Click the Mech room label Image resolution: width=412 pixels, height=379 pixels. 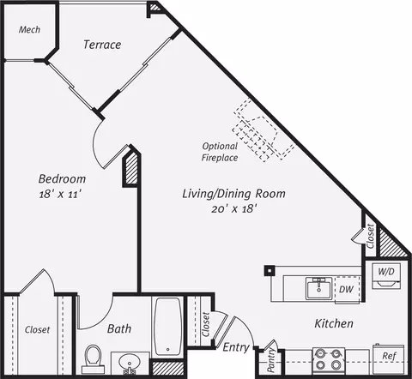(29, 29)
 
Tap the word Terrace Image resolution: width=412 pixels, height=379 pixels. (102, 45)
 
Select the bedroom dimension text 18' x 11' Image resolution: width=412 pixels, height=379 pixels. (61, 195)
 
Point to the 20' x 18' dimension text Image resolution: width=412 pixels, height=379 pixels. (233, 209)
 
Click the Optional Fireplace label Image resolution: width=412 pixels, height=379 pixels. (220, 152)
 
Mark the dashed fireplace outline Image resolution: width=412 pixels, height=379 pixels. (264, 130)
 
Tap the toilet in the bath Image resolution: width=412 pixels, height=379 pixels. (94, 359)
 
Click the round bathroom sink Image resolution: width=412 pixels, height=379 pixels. (130, 363)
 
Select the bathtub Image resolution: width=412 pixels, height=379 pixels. (167, 327)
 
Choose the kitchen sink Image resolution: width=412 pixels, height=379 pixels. (318, 288)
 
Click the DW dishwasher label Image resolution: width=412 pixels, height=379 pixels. (346, 289)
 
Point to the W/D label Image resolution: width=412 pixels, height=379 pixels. (386, 271)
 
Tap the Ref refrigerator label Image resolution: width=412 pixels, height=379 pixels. (389, 356)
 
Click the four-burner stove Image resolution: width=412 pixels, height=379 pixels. (328, 361)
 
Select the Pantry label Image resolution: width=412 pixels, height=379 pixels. (270, 360)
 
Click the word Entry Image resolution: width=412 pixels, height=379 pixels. (236, 347)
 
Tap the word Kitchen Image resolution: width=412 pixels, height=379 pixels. (334, 323)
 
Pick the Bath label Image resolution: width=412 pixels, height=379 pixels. (119, 328)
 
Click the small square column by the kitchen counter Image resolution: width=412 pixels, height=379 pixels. (270, 270)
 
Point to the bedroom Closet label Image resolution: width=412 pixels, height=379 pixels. (37, 330)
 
